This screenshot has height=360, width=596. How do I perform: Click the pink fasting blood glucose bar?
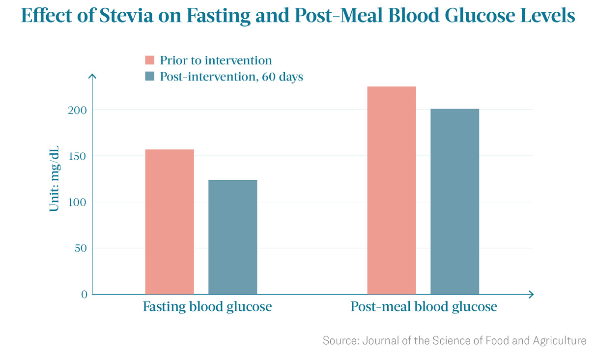[x=170, y=222]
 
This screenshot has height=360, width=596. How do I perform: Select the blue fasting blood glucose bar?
[x=232, y=237]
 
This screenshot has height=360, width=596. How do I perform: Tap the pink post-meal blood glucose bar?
[x=392, y=191]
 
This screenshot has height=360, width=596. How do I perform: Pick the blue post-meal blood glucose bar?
[x=454, y=201]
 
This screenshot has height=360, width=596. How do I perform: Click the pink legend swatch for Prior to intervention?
[x=149, y=60]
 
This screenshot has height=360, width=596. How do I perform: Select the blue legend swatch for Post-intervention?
[x=149, y=76]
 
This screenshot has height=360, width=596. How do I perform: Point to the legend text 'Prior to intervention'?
[x=216, y=60]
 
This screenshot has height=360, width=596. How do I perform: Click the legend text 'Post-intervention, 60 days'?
[x=231, y=77]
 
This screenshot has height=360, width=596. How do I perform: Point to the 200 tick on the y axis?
[x=78, y=110]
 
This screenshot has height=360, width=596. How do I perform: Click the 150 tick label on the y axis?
[x=78, y=156]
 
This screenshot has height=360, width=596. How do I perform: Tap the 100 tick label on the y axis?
[x=78, y=202]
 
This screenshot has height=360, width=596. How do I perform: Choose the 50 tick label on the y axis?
[x=81, y=249]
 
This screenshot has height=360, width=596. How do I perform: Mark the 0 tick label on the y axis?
[x=84, y=294]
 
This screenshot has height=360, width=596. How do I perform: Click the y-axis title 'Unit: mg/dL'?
[x=54, y=179]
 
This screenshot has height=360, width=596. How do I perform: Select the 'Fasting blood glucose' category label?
[x=207, y=307]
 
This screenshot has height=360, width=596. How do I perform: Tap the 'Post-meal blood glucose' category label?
[x=424, y=307]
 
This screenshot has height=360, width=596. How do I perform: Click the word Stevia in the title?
[x=126, y=15]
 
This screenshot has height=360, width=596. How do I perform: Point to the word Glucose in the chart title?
[x=480, y=15]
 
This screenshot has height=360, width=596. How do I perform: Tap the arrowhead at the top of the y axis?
[x=92, y=76]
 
